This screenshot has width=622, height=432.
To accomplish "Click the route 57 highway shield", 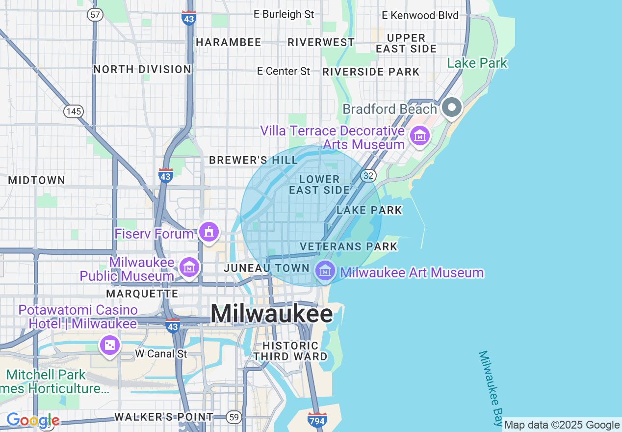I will (95, 15).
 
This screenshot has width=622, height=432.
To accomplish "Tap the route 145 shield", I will (73, 111).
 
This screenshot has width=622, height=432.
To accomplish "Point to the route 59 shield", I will (234, 418).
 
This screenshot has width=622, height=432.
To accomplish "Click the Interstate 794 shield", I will (317, 420).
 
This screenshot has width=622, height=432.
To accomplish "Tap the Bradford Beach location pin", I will (451, 108).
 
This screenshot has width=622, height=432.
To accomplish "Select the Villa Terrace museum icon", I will (420, 135).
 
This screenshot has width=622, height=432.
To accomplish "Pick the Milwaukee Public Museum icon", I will (189, 268).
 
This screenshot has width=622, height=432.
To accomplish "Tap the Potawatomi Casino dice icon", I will (110, 345).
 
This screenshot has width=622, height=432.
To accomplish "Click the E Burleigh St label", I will (284, 14).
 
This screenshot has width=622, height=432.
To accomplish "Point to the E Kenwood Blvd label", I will (420, 16).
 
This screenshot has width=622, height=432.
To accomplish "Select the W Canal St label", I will (161, 353).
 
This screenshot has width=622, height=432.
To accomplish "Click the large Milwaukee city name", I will (272, 313).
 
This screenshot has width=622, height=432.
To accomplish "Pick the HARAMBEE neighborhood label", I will (229, 43).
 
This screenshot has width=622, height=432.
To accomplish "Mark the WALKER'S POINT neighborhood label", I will (164, 417).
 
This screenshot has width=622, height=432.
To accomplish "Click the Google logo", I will (33, 421).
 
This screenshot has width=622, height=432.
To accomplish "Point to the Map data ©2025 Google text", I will (562, 425).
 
